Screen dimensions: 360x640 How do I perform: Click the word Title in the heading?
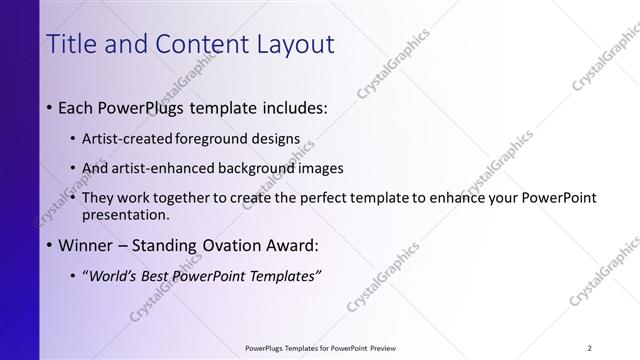[x=73, y=44]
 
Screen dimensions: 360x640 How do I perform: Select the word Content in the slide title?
[x=190, y=44]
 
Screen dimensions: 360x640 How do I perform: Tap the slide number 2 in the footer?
[x=589, y=348]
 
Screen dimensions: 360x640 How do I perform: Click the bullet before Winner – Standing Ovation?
[x=50, y=244]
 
